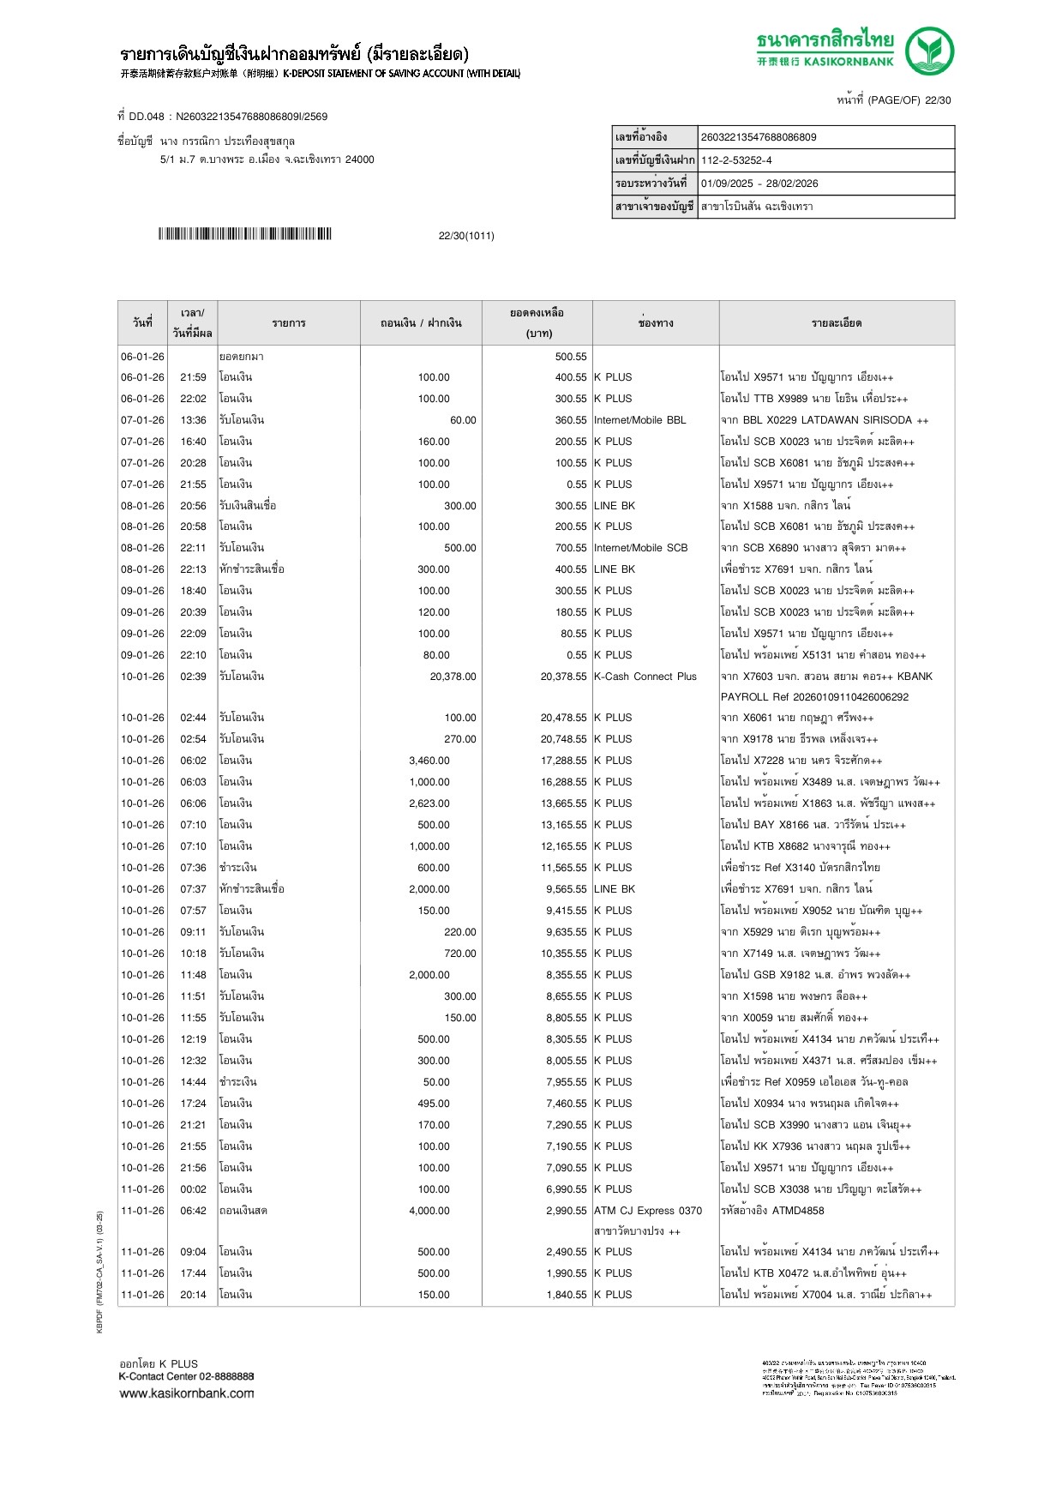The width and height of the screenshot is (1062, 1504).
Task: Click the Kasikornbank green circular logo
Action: pos(929,51)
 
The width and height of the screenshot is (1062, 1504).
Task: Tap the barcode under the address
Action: pos(244,234)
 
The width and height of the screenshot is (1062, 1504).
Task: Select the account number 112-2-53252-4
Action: pos(736,160)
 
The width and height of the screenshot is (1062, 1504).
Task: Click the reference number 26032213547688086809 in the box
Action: pos(759,137)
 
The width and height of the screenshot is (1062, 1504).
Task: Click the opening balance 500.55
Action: pos(570,357)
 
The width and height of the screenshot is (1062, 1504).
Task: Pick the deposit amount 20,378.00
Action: pos(453,677)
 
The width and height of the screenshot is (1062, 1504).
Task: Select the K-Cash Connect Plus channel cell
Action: pos(645,677)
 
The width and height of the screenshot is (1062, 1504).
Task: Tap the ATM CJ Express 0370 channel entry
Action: pos(648,1211)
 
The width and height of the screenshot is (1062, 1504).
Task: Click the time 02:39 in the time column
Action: pos(193,677)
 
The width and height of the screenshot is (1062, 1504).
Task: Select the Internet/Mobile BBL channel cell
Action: pos(640,420)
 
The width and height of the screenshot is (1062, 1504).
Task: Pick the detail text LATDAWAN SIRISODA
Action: pos(856,420)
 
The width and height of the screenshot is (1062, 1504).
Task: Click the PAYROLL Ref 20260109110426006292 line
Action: pos(814,697)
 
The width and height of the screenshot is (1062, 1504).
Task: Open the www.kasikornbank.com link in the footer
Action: pos(187,1393)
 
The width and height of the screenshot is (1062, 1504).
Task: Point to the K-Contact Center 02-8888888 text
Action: pos(186,1377)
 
